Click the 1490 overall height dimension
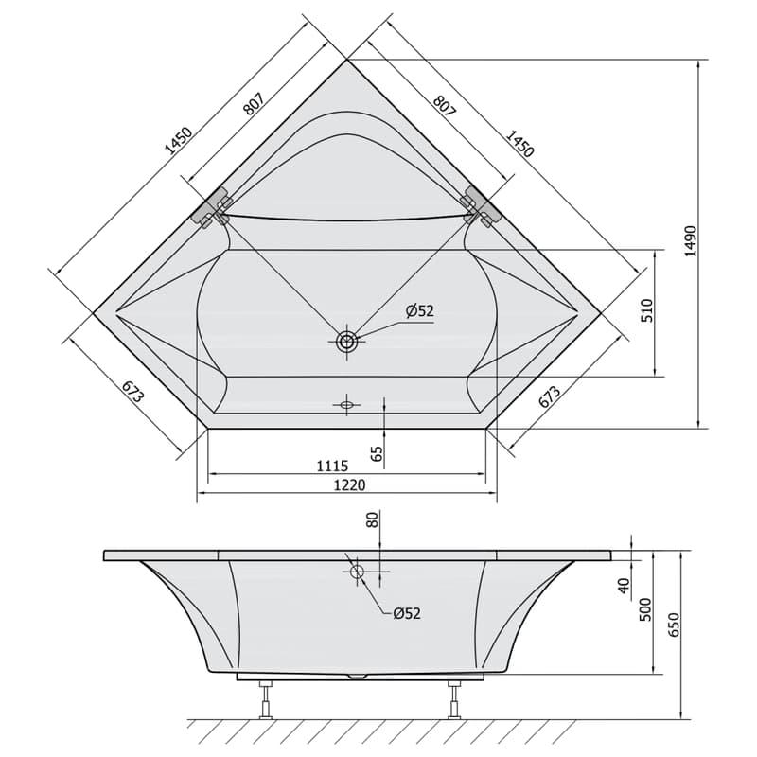tap(691, 241)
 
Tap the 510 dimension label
tap(646, 310)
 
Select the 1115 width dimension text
tap(332, 466)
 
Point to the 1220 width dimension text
tap(349, 484)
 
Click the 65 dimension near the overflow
tap(377, 453)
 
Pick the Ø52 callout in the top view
tap(420, 311)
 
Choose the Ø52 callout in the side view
tap(407, 613)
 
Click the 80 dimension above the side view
tap(373, 519)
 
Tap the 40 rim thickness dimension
tap(625, 586)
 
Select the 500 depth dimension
tap(645, 609)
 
